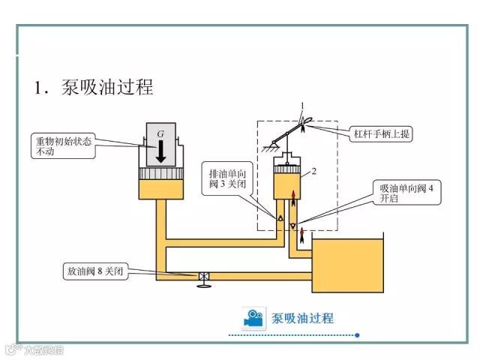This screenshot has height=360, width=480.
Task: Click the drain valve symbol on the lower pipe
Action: tap(203, 277)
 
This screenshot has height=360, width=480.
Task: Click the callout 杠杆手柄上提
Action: tap(382, 134)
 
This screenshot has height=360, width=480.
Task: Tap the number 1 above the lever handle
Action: tap(303, 105)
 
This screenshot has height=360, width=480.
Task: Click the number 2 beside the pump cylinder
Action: tap(314, 171)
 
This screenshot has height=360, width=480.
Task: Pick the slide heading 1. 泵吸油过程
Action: tap(93, 87)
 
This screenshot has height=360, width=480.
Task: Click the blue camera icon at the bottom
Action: tap(254, 318)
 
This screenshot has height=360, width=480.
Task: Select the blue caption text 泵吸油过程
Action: tap(302, 318)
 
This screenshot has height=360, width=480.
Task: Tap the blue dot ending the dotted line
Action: tap(358, 334)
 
